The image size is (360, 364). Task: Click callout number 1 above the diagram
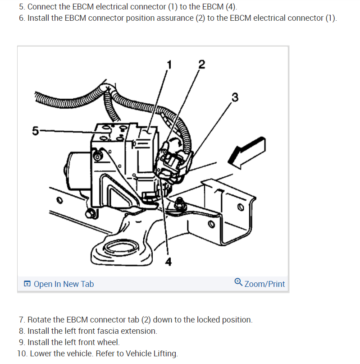[169, 65]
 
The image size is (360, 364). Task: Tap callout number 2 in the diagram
[201, 64]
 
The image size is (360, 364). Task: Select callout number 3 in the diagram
[234, 97]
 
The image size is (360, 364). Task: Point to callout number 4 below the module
[169, 262]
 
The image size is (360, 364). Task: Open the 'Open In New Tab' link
[64, 284]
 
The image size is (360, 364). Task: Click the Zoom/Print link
[264, 284]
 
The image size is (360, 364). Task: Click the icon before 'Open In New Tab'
[27, 284]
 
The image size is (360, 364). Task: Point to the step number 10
[21, 354]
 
